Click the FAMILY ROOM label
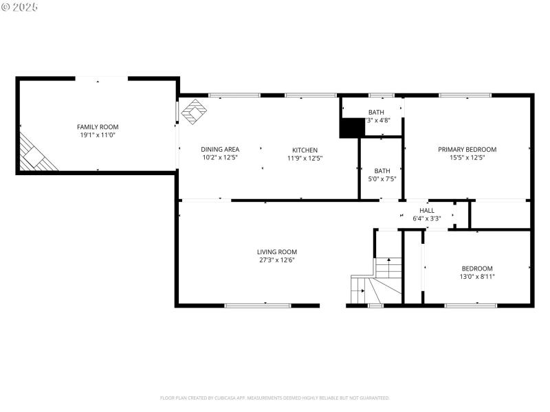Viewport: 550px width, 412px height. [98, 126]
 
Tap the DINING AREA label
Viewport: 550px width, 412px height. [220, 150]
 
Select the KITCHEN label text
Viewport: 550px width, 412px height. [305, 150]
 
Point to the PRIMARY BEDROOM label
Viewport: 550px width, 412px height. [467, 149]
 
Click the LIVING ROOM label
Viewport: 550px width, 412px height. [277, 251]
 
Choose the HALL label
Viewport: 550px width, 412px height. [427, 210]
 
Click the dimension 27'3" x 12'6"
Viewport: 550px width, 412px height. [277, 260]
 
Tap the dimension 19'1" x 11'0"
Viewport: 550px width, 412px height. [98, 135]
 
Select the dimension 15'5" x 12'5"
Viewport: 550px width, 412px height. [467, 158]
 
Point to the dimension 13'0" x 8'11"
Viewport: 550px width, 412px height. [477, 276]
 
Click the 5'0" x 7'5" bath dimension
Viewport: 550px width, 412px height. [382, 179]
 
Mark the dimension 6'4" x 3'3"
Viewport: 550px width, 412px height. [427, 218]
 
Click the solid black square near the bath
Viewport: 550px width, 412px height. [352, 128]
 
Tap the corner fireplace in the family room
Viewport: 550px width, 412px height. [36, 154]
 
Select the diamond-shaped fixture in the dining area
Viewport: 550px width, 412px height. [193, 112]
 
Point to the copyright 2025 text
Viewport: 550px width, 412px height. [20, 7]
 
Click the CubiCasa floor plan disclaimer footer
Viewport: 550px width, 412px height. [275, 398]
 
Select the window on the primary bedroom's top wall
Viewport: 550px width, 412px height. [455, 95]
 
